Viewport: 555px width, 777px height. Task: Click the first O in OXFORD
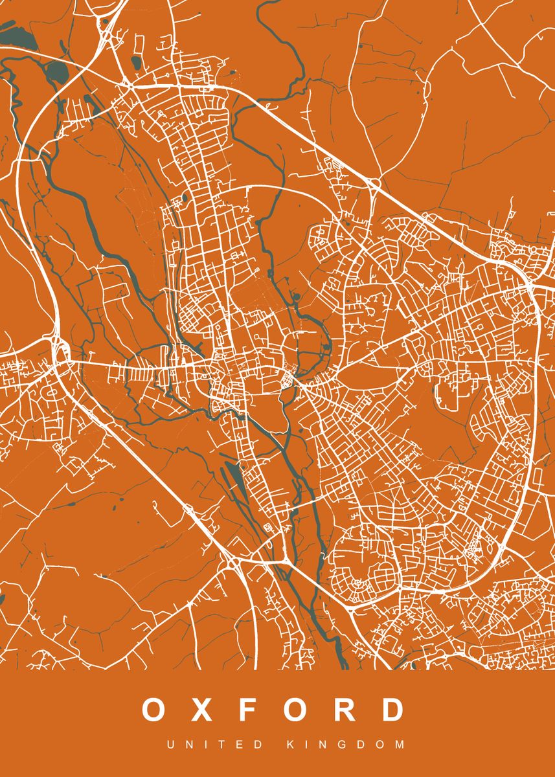155,710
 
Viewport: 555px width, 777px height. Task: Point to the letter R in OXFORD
346,710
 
